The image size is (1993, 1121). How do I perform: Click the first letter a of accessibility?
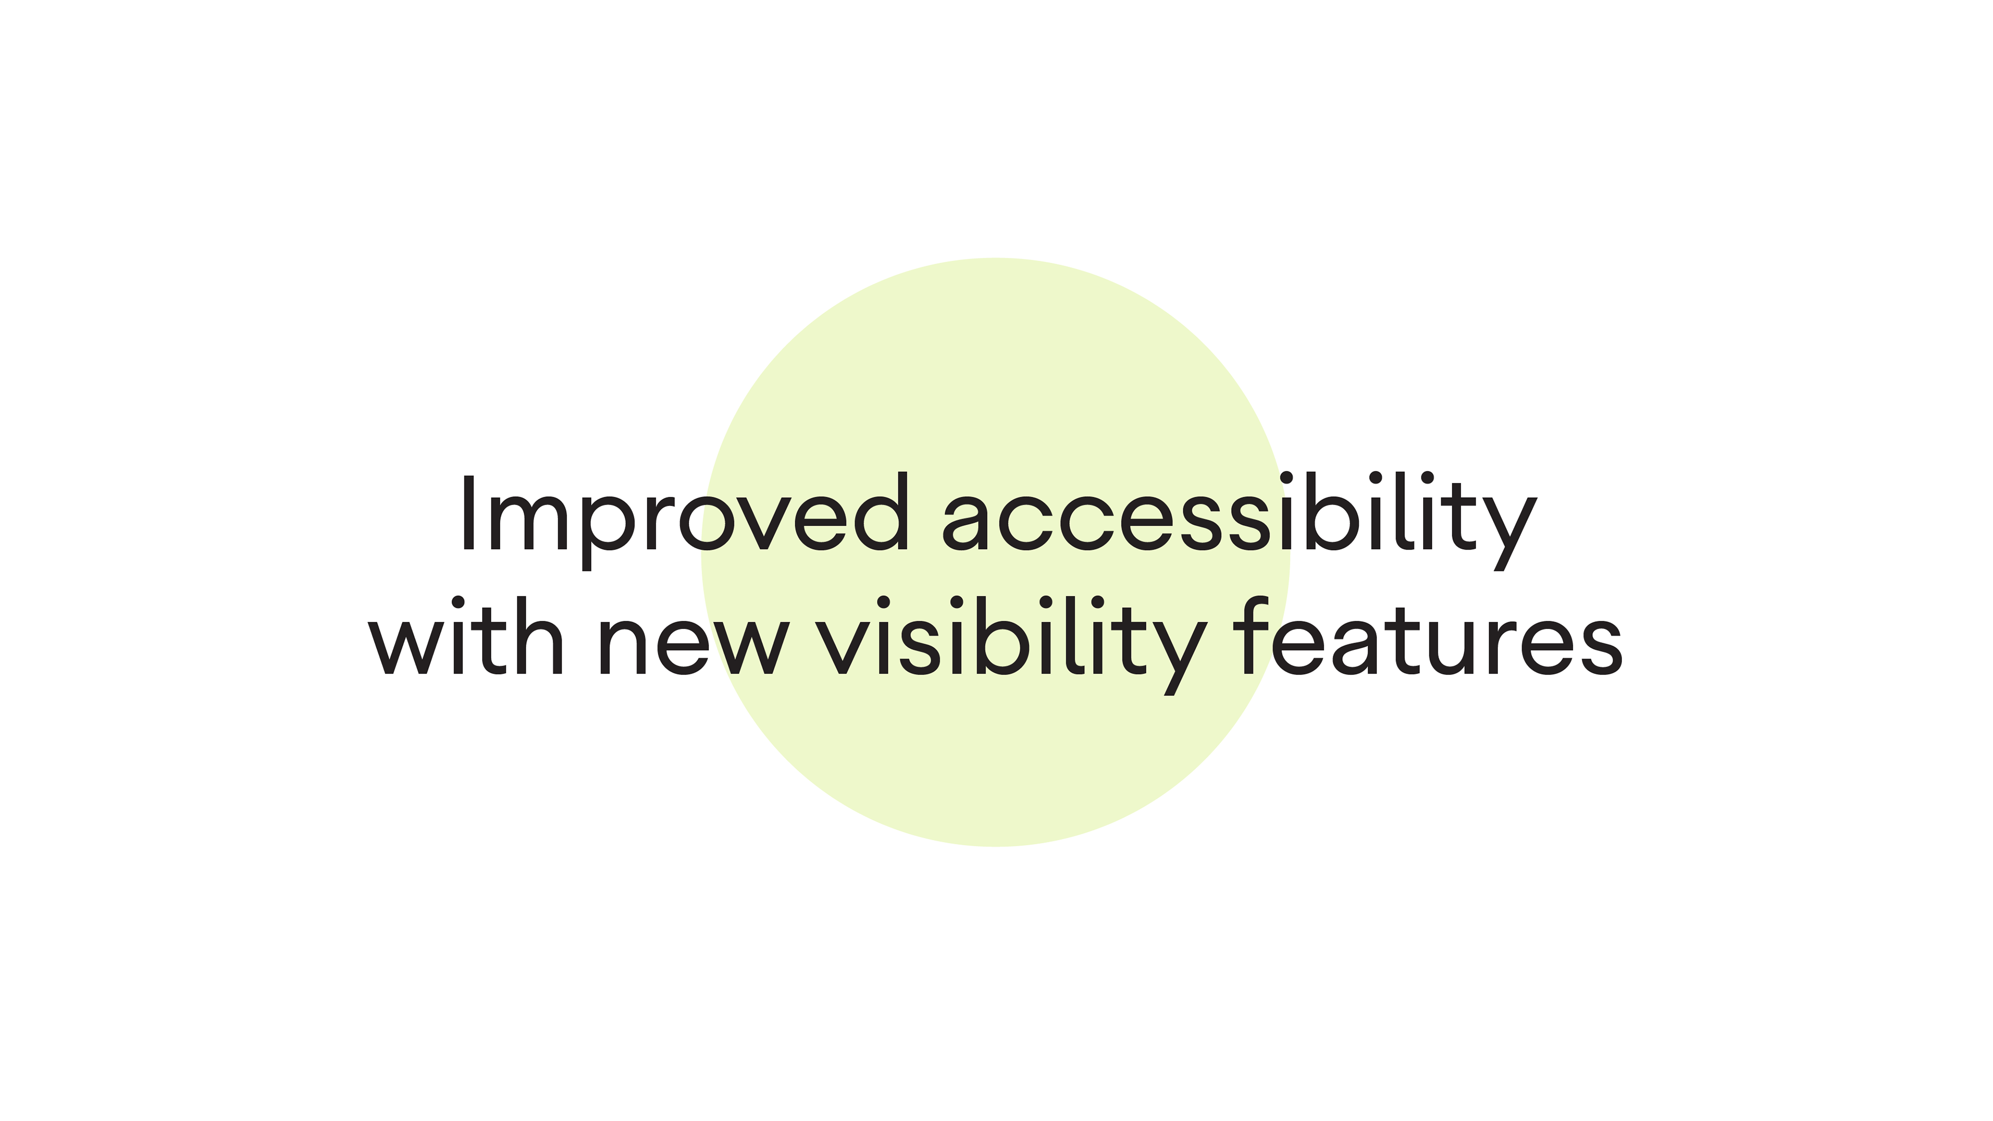click(x=965, y=522)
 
